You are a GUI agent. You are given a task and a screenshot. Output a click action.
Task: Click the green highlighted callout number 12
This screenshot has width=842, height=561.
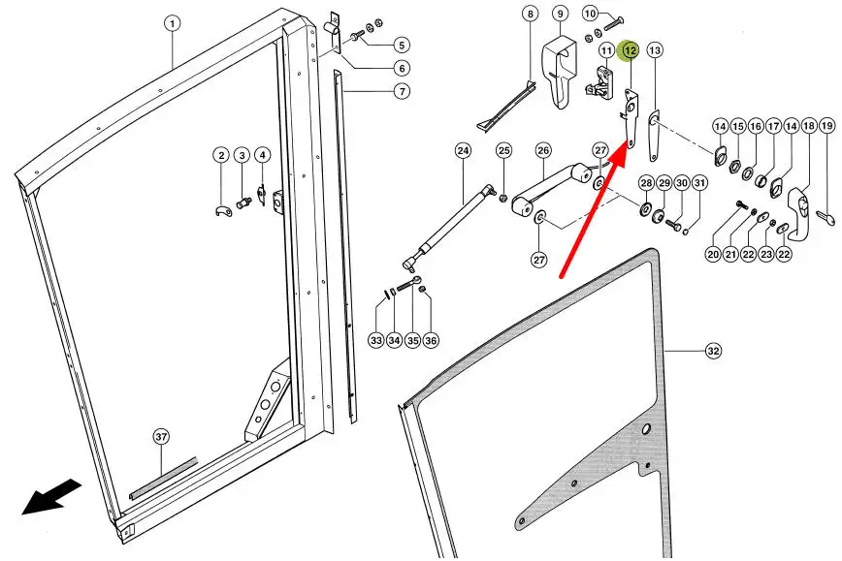pos(630,49)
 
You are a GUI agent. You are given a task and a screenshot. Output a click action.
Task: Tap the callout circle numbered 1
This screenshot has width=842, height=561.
pos(172,22)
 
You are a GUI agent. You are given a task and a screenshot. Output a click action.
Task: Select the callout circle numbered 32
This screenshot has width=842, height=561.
pos(713,352)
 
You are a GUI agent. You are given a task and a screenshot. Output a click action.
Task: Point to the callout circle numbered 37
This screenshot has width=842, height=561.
pos(161,437)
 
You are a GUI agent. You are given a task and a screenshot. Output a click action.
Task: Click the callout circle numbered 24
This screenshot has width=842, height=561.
pos(462,150)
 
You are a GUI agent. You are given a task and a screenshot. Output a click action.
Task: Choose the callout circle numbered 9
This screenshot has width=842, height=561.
pos(560,14)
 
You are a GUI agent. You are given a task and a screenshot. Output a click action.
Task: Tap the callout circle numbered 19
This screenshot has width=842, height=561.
pos(826,126)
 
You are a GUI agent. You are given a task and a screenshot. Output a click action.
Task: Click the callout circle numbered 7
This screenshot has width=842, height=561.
pos(374,92)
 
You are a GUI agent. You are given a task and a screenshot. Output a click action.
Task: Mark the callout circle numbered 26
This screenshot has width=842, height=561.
pos(543,150)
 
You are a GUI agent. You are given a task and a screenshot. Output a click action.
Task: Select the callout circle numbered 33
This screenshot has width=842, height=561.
pos(376,340)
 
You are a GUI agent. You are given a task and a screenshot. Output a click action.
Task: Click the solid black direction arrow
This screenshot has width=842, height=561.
pos(51,499)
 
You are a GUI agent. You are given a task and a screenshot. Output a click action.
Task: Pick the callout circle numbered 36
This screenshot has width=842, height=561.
pos(431,340)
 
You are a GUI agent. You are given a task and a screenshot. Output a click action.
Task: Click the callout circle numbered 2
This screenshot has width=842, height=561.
pos(221,156)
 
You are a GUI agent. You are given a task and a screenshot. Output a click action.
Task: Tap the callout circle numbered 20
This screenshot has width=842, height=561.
pos(713,254)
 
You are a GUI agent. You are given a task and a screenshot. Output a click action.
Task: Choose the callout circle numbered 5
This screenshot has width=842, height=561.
pos(402,45)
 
